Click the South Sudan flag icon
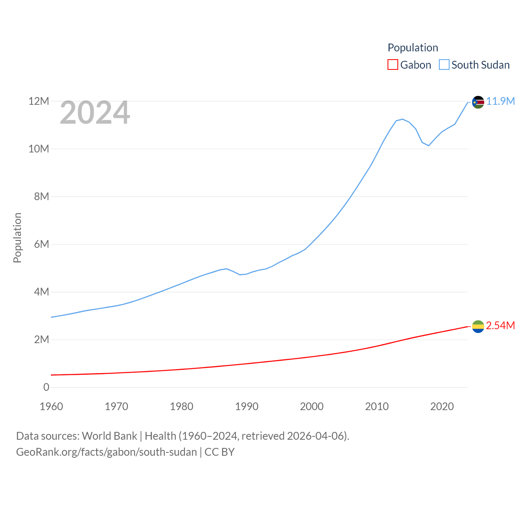[x=478, y=102]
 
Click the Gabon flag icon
[x=478, y=327]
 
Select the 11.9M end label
[x=501, y=101]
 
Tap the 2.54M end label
[x=501, y=325]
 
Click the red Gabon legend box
[x=393, y=65]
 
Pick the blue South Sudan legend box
[x=444, y=65]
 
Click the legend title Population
[x=413, y=48]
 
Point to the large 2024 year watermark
[x=95, y=113]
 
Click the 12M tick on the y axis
[x=39, y=101]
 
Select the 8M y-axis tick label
[x=42, y=196]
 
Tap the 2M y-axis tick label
[x=42, y=339]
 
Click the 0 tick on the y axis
[x=46, y=387]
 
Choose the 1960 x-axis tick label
[x=51, y=406]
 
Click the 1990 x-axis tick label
[x=247, y=406]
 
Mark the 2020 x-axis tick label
[x=442, y=406]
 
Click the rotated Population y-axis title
[x=17, y=238]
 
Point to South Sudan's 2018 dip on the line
[x=429, y=145]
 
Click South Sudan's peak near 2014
[x=402, y=119]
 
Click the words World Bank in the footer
[x=109, y=436]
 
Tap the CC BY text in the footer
[x=219, y=452]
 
